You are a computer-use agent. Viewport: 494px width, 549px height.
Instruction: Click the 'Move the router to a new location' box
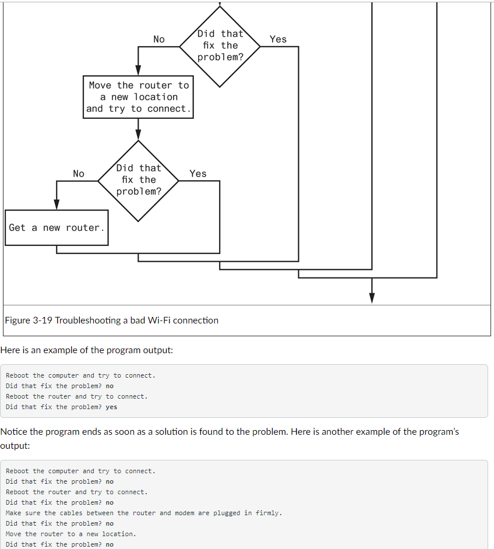point(138,97)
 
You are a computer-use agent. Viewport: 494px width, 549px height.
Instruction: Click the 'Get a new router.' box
point(57,227)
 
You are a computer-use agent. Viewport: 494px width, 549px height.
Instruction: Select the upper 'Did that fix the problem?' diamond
point(220,45)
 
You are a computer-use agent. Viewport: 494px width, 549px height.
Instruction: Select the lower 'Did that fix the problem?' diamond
point(138,180)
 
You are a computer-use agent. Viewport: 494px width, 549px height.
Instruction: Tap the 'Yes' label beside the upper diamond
point(278,39)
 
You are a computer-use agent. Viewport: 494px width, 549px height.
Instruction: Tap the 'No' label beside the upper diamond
point(158,39)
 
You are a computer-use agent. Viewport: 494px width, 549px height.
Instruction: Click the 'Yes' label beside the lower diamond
point(197,174)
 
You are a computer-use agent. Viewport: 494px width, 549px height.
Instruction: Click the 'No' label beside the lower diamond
point(78,174)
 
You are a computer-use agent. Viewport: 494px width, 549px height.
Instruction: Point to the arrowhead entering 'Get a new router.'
point(57,204)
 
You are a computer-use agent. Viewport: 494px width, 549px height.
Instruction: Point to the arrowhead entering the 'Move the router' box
point(138,69)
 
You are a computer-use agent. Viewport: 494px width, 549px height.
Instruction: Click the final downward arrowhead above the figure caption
point(372,297)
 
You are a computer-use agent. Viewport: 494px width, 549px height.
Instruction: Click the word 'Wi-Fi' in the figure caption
point(161,320)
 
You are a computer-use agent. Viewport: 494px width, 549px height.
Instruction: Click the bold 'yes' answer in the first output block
point(111,407)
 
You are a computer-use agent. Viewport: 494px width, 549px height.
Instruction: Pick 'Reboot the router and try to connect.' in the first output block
point(76,396)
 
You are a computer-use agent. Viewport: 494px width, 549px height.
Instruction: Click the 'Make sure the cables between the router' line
point(143,513)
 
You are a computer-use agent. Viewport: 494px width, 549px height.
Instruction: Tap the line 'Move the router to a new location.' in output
point(70,534)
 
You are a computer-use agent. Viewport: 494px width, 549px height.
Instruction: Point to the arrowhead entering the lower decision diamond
point(138,136)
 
